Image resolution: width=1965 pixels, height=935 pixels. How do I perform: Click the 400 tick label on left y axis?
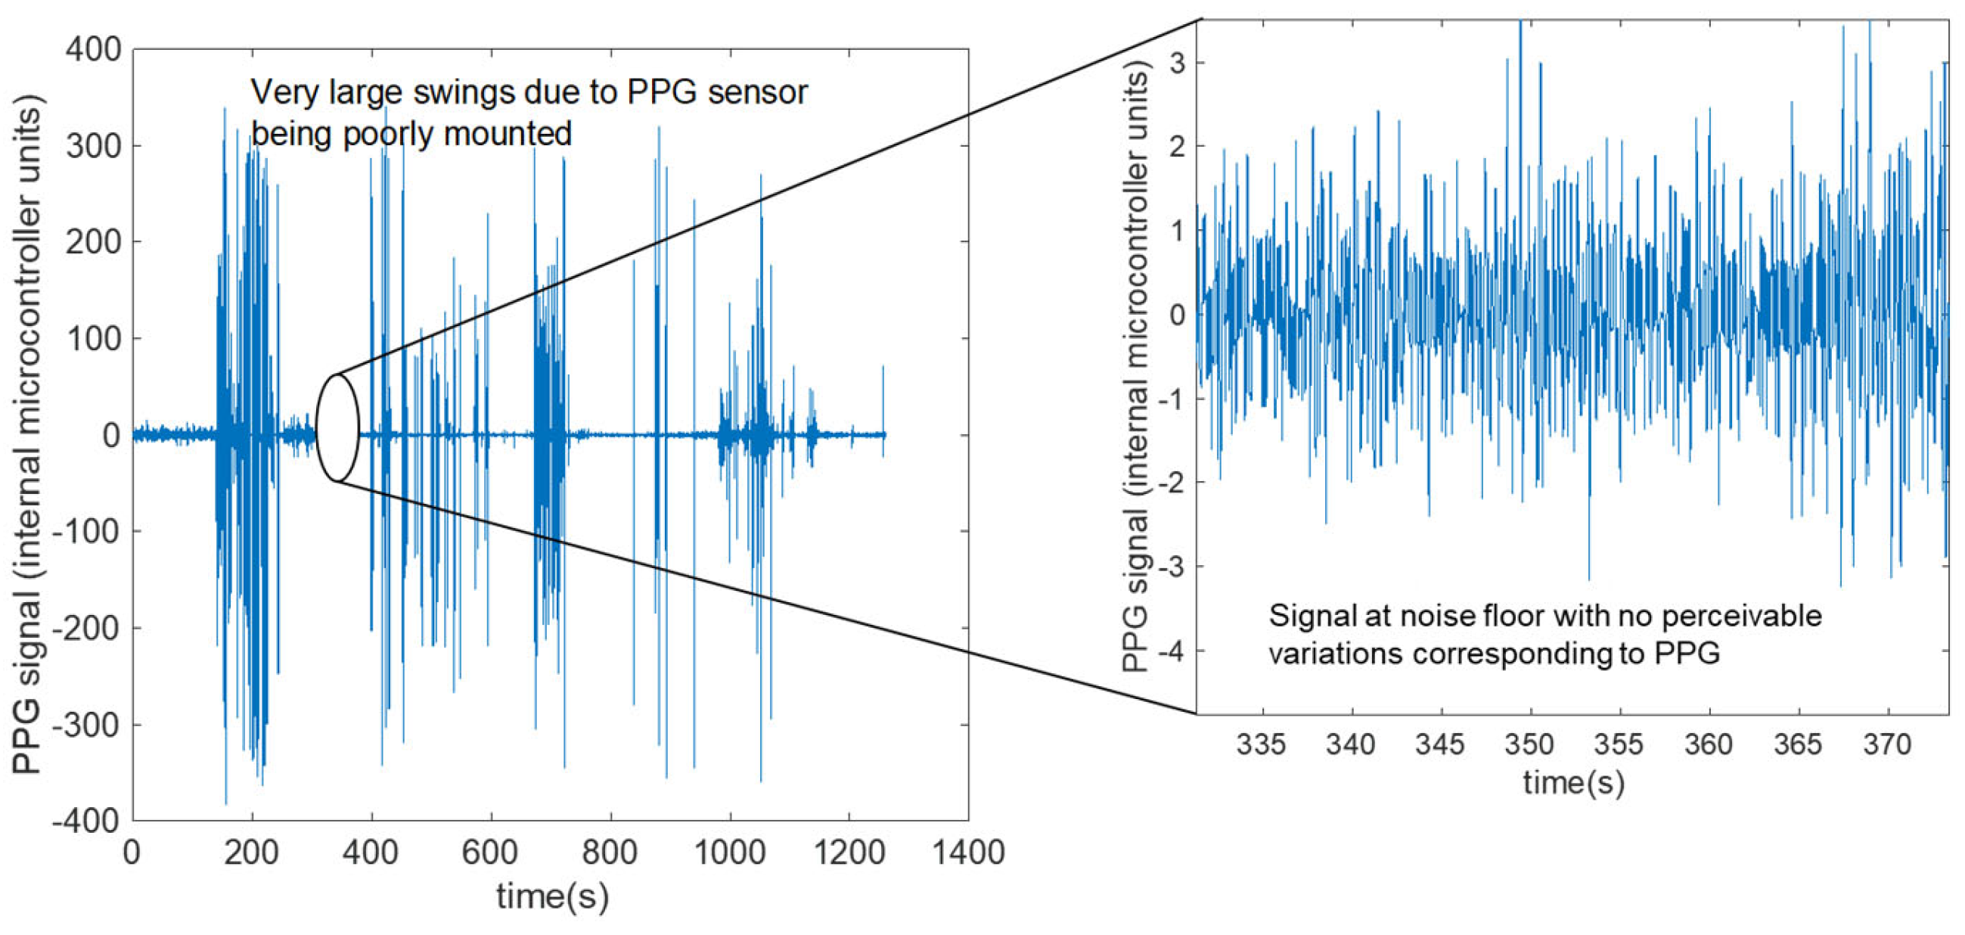pyautogui.click(x=94, y=51)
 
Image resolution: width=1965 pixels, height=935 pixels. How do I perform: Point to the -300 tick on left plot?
pyautogui.click(x=86, y=725)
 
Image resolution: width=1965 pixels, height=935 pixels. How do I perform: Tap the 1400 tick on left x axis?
pyautogui.click(x=969, y=852)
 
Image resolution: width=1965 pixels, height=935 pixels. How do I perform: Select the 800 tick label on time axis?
pyautogui.click(x=610, y=852)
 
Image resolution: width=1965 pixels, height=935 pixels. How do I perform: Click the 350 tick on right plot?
pyautogui.click(x=1529, y=744)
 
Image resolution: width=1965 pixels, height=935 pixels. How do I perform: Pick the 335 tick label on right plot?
pyautogui.click(x=1261, y=744)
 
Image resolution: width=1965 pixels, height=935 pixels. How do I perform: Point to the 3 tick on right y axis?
pyautogui.click(x=1178, y=64)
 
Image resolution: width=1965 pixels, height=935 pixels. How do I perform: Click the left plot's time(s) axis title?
pyautogui.click(x=552, y=896)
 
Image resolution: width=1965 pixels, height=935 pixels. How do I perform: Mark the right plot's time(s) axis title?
pyautogui.click(x=1573, y=783)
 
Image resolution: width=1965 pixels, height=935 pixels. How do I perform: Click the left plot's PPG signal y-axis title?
pyautogui.click(x=27, y=435)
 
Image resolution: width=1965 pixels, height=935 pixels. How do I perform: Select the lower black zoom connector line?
pyautogui.click(x=763, y=599)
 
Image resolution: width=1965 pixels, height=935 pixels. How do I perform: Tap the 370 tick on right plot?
pyautogui.click(x=1887, y=744)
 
